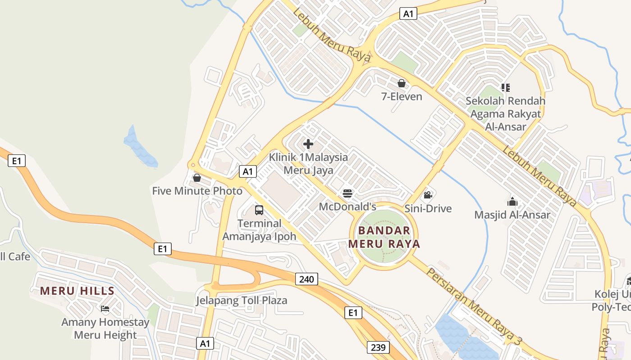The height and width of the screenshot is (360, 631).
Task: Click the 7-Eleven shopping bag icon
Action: [x=401, y=83]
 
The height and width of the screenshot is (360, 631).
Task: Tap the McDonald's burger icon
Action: [x=347, y=193]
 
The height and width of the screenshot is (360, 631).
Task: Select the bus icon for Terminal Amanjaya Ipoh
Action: [x=259, y=210]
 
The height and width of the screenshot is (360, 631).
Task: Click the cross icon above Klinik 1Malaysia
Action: [x=308, y=144]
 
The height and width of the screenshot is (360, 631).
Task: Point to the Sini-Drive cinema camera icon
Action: [x=428, y=195]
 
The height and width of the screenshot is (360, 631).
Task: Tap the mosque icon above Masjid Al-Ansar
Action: [x=512, y=202]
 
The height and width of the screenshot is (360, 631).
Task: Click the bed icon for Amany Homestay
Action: [x=105, y=309]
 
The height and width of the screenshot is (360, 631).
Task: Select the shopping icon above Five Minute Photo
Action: [x=197, y=178]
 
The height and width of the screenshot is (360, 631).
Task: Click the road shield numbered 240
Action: [x=306, y=279]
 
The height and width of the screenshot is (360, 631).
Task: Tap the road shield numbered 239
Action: [x=378, y=347]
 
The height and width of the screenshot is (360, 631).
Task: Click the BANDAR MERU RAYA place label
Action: [x=384, y=237]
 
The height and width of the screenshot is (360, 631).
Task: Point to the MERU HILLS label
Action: [x=77, y=291]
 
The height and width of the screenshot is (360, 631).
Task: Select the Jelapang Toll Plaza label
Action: [x=241, y=300]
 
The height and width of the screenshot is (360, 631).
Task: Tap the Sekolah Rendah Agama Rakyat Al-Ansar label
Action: [x=505, y=114]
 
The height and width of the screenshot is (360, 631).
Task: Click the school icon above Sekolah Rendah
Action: [x=505, y=87]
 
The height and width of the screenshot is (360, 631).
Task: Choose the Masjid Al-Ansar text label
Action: [x=512, y=215]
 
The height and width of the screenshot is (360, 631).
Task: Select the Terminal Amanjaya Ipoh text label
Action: [x=259, y=229]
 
